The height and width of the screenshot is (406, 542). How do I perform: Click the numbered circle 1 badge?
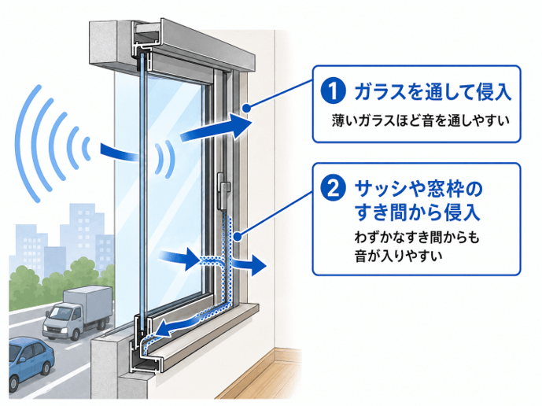[334, 91]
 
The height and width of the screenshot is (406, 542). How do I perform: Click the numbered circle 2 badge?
[334, 188]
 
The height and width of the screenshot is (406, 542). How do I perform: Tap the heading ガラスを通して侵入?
[433, 91]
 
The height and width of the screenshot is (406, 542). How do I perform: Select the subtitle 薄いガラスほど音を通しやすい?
[421, 120]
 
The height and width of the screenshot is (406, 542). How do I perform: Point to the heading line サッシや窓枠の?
[418, 189]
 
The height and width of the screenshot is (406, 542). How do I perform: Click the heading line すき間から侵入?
[418, 212]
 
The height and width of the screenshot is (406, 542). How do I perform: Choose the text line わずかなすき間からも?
[417, 238]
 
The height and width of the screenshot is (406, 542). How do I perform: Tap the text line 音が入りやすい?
[398, 257]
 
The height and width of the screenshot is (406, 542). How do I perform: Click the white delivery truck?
[77, 312]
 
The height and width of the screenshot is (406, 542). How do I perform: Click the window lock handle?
[223, 191]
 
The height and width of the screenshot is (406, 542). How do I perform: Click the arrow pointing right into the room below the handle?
[249, 265]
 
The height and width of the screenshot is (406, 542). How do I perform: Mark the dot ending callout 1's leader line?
[246, 109]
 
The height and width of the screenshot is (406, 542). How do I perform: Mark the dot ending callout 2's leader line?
[238, 237]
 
